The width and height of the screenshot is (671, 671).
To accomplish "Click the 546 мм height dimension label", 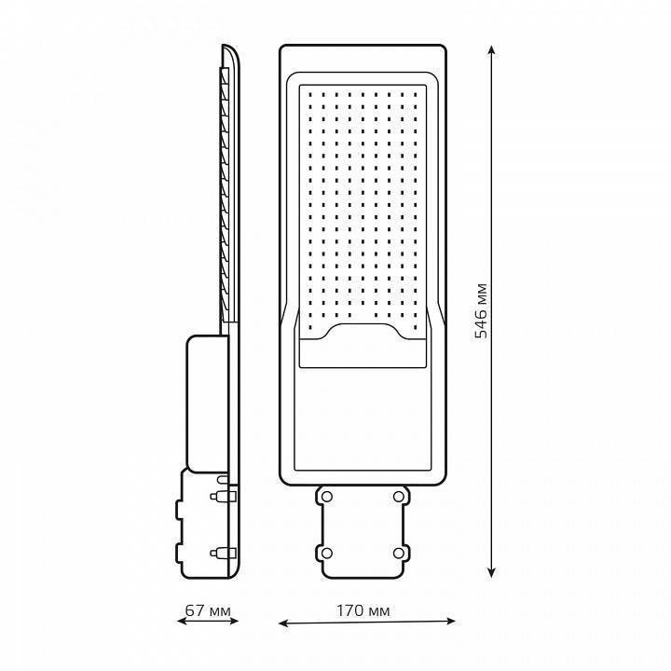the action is (x=482, y=310).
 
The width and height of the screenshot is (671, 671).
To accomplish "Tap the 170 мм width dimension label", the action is (x=363, y=610).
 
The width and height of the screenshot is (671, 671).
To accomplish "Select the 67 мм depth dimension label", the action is (x=208, y=610).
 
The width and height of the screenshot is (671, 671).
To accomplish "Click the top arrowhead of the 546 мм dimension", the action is (x=492, y=49).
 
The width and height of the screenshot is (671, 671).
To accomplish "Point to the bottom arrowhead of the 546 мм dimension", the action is (x=492, y=572).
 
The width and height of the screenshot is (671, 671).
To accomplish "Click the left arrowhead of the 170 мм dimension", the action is (x=283, y=623).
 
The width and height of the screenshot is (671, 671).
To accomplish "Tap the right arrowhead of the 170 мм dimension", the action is (x=451, y=621).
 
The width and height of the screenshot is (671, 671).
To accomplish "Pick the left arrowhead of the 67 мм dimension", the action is (x=182, y=621).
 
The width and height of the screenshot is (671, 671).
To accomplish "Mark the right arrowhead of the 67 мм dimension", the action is (x=234, y=621).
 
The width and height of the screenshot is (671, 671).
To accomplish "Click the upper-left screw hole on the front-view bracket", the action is (x=326, y=497).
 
